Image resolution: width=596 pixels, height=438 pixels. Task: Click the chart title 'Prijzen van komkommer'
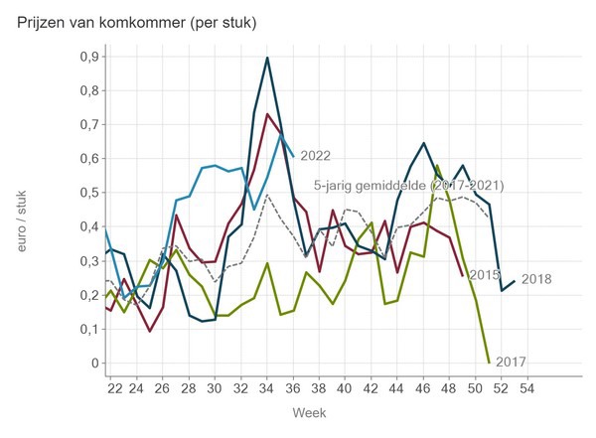(x=137, y=23)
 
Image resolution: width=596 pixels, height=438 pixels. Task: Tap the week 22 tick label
(x=115, y=387)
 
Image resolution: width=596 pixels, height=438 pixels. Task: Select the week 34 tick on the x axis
(x=268, y=387)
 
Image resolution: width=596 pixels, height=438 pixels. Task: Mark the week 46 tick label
(x=421, y=387)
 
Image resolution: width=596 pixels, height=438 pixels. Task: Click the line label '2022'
(x=315, y=156)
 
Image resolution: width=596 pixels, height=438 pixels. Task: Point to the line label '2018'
(x=536, y=280)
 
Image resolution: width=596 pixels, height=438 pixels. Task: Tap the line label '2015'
(x=484, y=275)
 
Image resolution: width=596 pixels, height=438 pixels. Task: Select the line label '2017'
(x=510, y=362)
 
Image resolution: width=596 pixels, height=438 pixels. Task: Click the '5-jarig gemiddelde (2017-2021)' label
(x=408, y=186)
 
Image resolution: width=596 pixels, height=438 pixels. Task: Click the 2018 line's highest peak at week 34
(x=268, y=58)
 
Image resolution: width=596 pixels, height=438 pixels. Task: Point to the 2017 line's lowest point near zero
(x=490, y=362)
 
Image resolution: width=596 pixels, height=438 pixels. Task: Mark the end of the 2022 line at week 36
(x=293, y=156)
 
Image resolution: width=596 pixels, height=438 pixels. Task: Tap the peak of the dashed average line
(x=268, y=194)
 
